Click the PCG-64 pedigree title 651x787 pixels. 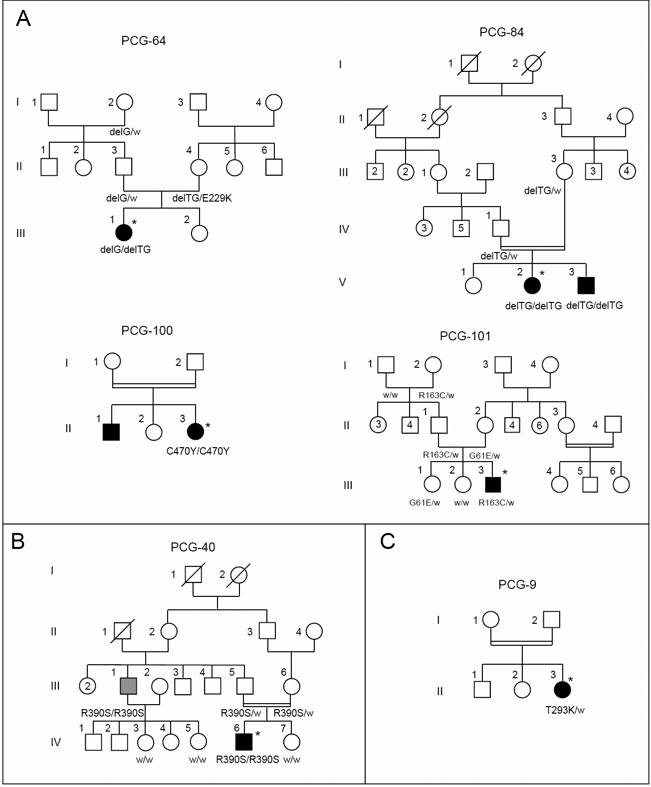point(143,41)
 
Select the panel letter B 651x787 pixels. point(18,541)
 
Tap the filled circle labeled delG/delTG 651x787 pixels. point(124,233)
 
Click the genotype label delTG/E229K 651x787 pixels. point(202,198)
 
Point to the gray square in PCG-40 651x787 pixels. point(129,686)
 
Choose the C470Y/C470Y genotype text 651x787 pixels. point(198,452)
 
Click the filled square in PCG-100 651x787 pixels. point(111,432)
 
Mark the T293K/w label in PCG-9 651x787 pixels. point(565,710)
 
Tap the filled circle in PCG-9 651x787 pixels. point(563,690)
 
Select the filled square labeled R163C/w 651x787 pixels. point(493,485)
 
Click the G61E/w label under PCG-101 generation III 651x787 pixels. point(425,503)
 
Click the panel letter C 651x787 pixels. point(388,541)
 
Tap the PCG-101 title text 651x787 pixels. point(465,336)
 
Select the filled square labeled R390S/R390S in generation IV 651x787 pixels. point(244,742)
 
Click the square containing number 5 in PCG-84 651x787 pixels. point(461,229)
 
